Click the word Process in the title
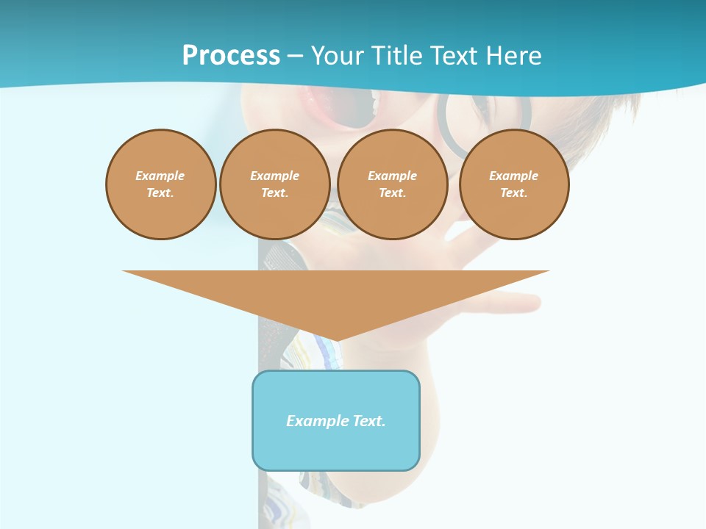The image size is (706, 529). (231, 56)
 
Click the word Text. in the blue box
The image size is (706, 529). (368, 421)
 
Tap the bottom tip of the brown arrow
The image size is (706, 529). (336, 339)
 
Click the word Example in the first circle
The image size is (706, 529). (160, 176)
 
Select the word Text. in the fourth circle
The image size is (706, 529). (514, 192)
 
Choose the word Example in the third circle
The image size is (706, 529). (393, 176)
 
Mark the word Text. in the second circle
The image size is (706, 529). (275, 192)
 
